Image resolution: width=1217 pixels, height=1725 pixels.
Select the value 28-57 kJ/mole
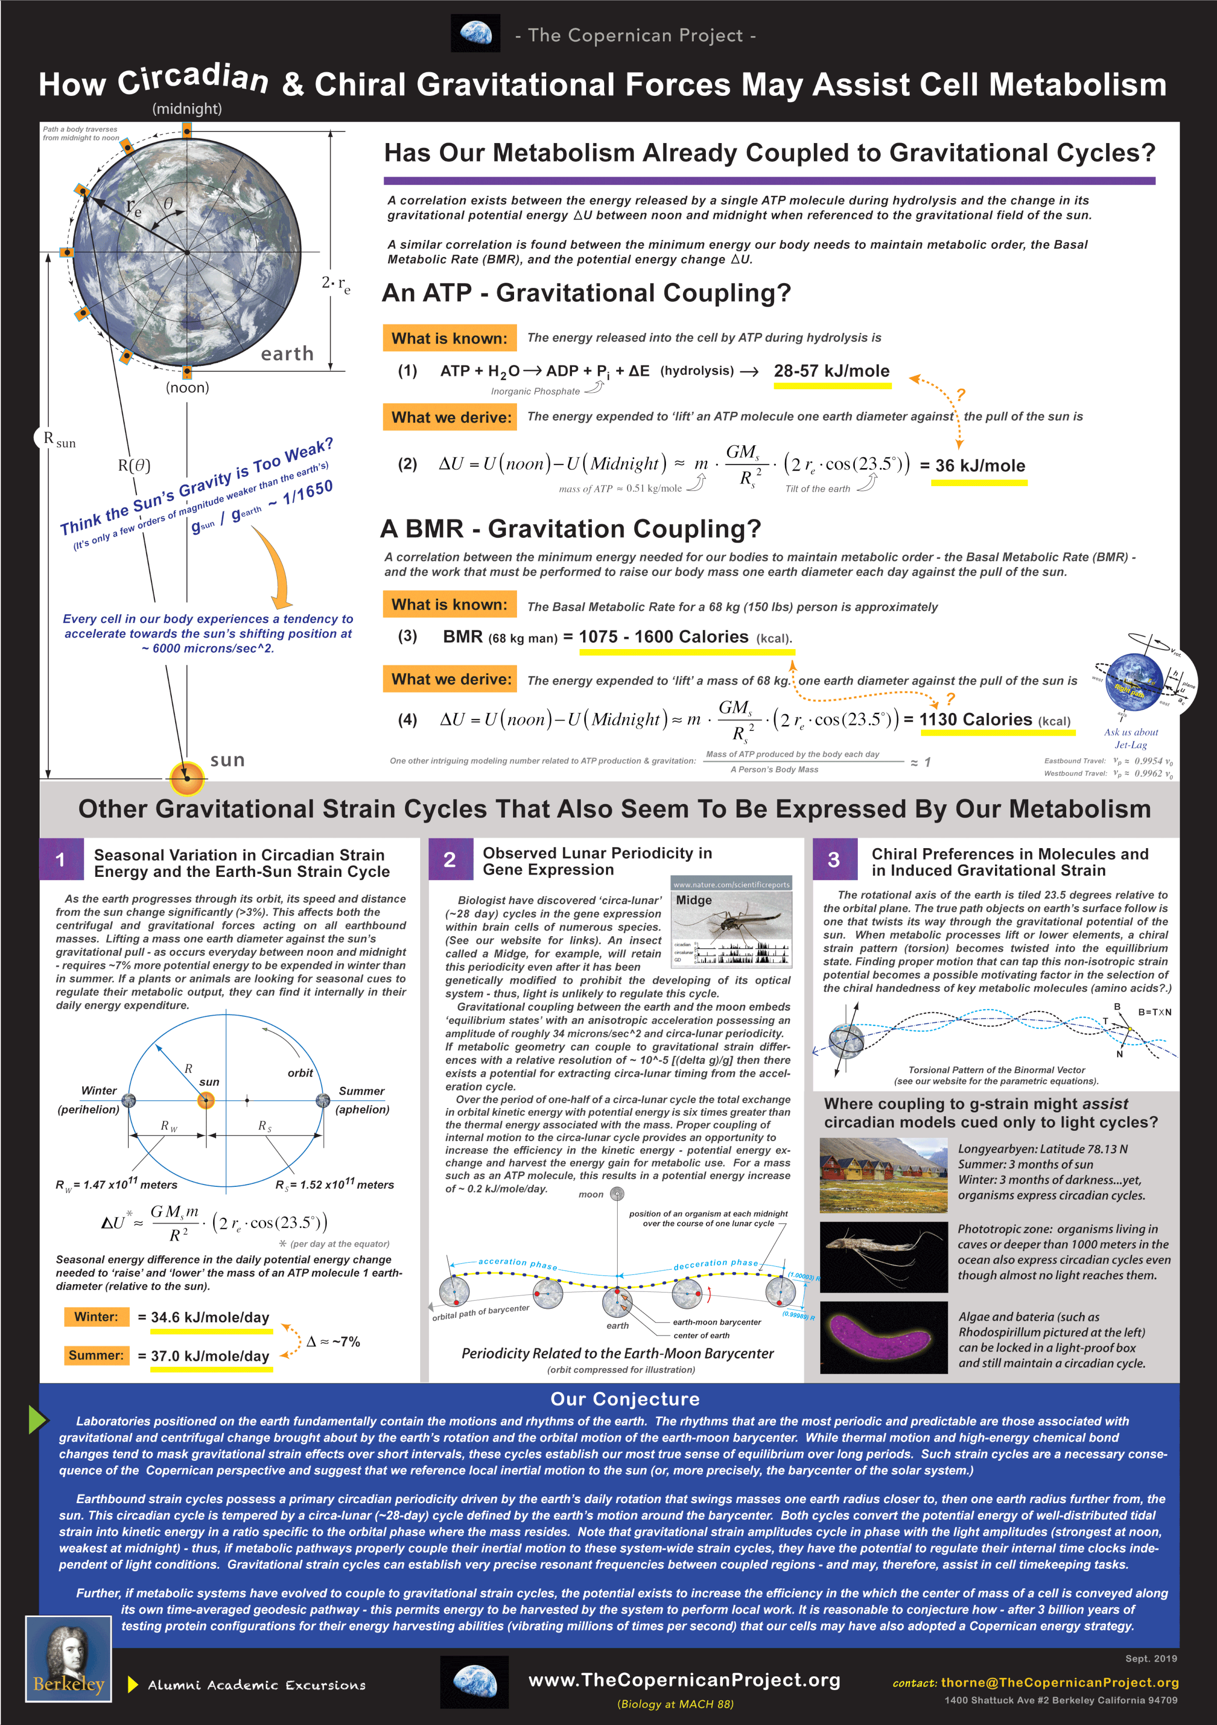(831, 371)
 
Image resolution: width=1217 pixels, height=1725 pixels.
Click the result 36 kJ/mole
(979, 466)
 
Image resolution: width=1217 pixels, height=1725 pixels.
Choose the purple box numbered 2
(449, 859)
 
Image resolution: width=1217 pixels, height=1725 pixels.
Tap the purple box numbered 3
(833, 859)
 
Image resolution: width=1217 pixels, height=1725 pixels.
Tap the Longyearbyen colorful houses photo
(883, 1175)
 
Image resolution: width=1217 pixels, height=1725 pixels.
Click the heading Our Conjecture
(625, 1399)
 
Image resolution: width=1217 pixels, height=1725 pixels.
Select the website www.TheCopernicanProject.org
(684, 1680)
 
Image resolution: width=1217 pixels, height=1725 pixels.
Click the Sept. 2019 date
(1151, 1658)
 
